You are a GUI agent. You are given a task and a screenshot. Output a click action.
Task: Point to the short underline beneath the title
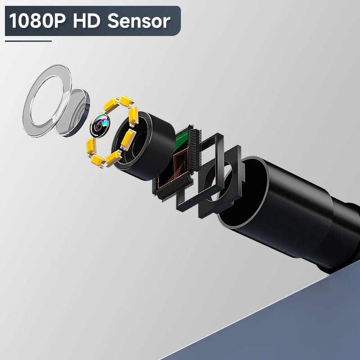[x=28, y=41]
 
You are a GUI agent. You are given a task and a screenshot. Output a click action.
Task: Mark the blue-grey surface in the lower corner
[x=288, y=328]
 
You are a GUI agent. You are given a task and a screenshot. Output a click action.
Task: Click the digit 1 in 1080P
[x=14, y=21]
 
